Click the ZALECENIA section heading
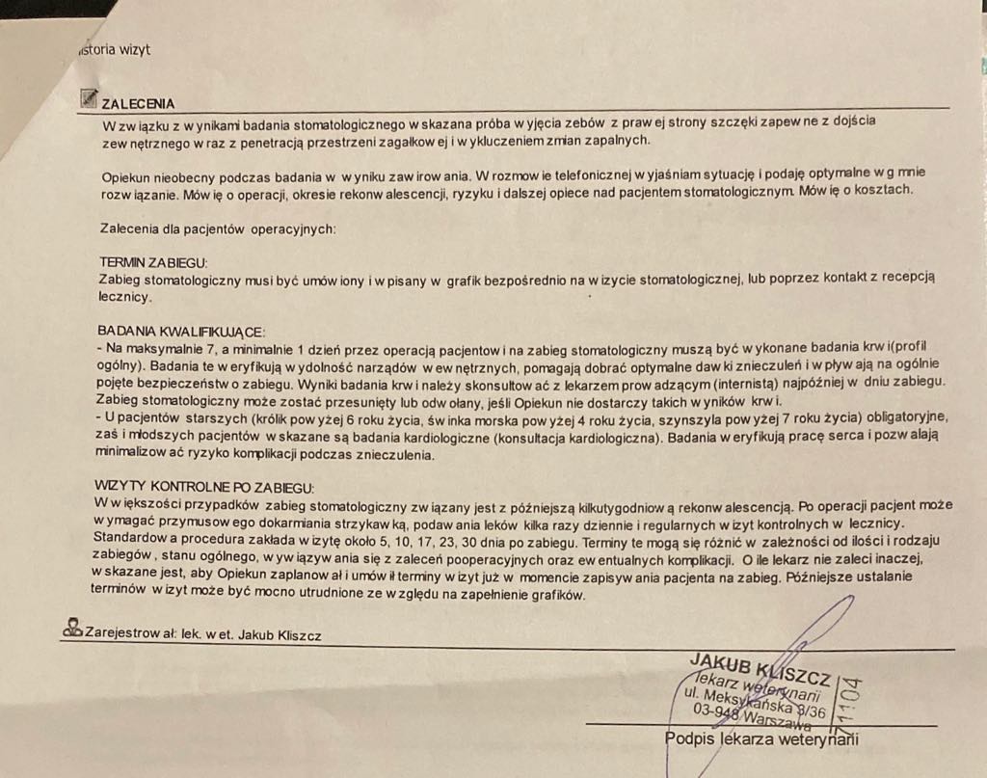coord(138,103)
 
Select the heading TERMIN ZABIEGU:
coord(153,262)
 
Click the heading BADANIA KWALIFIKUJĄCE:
coord(179,330)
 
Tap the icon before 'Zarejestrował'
coord(72,628)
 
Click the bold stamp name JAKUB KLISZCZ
coord(760,666)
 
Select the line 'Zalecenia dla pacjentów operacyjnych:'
coord(218,228)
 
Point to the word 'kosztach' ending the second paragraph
coord(880,189)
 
